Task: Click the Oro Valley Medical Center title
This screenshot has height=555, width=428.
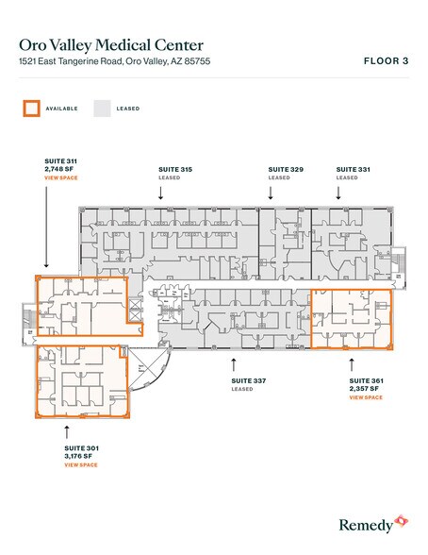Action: pyautogui.click(x=111, y=44)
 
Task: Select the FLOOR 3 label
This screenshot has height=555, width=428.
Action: pyautogui.click(x=385, y=61)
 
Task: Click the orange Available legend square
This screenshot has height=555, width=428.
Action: pyautogui.click(x=31, y=108)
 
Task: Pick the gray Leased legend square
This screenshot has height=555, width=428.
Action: pyautogui.click(x=101, y=108)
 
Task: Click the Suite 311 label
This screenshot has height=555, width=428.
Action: pyautogui.click(x=60, y=161)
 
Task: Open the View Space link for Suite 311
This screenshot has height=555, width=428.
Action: pyautogui.click(x=60, y=177)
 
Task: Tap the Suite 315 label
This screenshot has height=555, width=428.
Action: pyautogui.click(x=175, y=169)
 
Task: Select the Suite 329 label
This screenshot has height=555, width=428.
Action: pyautogui.click(x=284, y=169)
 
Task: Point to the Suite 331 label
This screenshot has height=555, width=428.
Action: pyautogui.click(x=353, y=169)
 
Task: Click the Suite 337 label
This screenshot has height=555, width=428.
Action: pyautogui.click(x=247, y=380)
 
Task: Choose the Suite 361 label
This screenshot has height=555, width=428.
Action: pyautogui.click(x=365, y=380)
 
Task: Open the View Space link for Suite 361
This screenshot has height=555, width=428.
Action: pyautogui.click(x=365, y=397)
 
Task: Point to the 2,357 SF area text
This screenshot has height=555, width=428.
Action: pyautogui.click(x=365, y=389)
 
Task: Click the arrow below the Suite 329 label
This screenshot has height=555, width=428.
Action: pyautogui.click(x=271, y=192)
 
